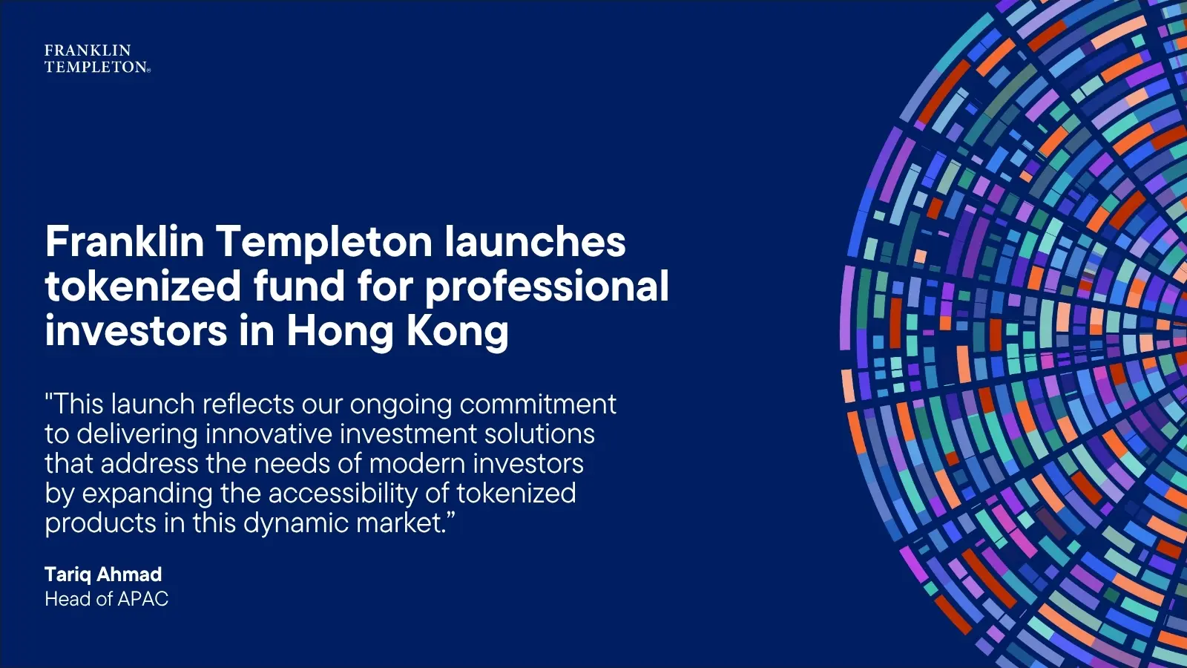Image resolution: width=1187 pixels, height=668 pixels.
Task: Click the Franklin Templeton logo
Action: [96, 59]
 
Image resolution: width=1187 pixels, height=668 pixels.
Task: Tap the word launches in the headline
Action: [535, 243]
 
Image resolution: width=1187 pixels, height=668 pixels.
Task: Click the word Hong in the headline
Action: [341, 332]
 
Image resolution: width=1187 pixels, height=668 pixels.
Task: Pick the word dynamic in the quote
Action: [296, 524]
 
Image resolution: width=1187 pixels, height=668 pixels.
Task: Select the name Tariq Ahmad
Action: [103, 574]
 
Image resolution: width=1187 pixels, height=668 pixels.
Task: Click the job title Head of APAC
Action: [106, 599]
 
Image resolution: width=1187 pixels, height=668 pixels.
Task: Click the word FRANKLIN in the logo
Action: [88, 50]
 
